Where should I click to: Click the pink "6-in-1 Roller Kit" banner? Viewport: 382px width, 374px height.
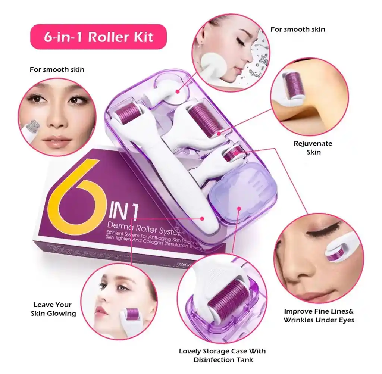pos(98,37)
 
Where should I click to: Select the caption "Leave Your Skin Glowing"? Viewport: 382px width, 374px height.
pos(53,309)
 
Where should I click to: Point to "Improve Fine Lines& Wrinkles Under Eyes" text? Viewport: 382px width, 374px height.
pos(319,315)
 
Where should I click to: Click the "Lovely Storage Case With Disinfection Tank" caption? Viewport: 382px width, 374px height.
pos(222,355)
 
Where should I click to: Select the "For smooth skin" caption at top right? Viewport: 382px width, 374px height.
pos(297,29)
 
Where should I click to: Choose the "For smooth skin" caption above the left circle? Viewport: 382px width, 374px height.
pos(57,69)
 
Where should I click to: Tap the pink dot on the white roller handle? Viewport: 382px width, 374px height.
pos(202,218)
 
